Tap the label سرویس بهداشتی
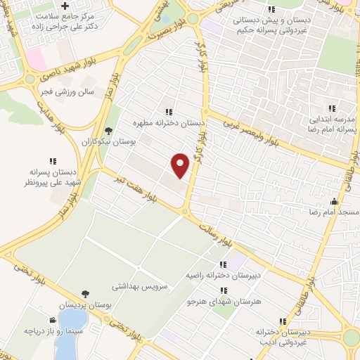coord(140,288)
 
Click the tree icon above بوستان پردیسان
coord(84,294)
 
